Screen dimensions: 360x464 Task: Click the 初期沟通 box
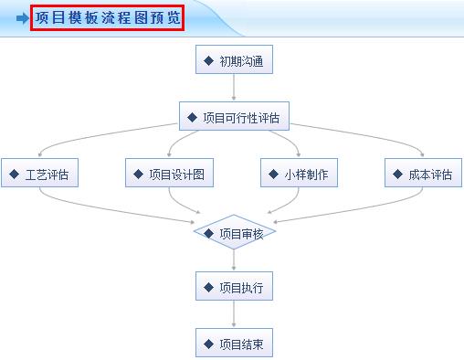234,61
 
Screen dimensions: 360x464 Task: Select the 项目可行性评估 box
234,118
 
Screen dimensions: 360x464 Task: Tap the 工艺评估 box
39,174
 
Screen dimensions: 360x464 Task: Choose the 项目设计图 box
170,174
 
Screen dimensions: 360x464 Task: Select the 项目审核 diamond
234,233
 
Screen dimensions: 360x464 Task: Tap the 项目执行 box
234,288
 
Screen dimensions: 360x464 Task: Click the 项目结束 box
234,344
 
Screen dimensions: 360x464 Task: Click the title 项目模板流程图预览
108,17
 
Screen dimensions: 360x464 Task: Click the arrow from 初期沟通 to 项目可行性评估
234,89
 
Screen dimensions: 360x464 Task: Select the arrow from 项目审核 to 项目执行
234,260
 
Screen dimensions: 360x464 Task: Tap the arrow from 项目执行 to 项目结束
234,315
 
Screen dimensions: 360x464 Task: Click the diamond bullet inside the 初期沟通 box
209,61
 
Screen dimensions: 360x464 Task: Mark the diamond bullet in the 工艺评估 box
15,174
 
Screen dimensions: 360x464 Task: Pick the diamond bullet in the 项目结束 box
209,344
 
